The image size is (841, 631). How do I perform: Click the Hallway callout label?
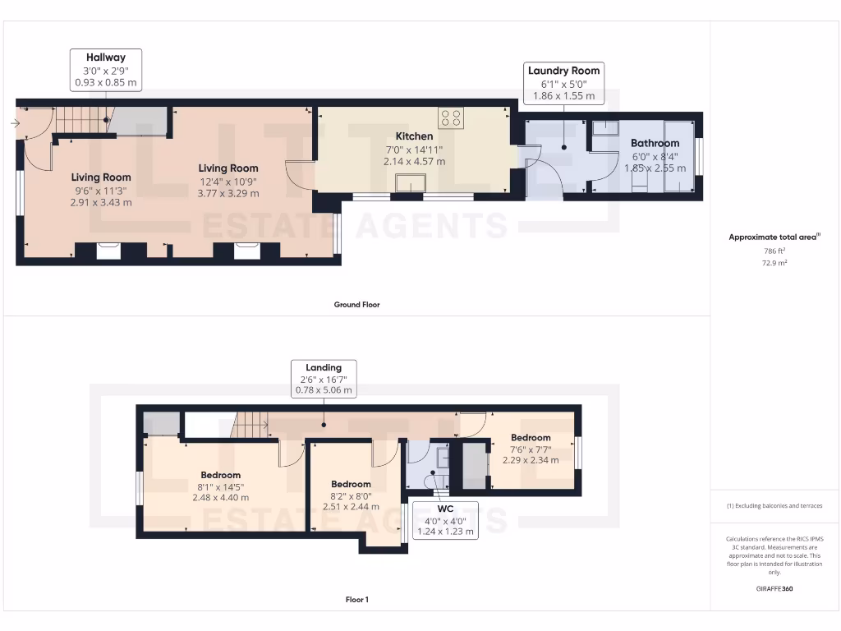click(x=106, y=70)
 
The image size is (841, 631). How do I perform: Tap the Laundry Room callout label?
click(x=563, y=83)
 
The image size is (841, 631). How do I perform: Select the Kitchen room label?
click(x=414, y=149)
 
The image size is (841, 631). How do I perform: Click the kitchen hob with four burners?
click(x=450, y=117)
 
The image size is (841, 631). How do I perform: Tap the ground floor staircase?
click(x=82, y=122)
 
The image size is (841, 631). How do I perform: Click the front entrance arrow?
click(x=16, y=124)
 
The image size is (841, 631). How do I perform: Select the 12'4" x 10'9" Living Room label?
click(x=228, y=181)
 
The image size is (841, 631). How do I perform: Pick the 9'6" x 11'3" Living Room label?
click(x=100, y=189)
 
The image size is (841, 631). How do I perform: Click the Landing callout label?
click(x=324, y=379)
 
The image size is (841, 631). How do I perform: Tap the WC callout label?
click(x=446, y=521)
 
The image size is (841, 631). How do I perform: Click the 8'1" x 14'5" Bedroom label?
click(x=221, y=486)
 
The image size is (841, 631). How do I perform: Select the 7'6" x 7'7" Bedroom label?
click(x=531, y=449)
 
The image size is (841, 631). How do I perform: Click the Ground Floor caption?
click(x=356, y=305)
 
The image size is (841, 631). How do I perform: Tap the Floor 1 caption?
click(x=356, y=600)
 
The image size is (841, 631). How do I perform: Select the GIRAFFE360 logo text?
click(x=774, y=589)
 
